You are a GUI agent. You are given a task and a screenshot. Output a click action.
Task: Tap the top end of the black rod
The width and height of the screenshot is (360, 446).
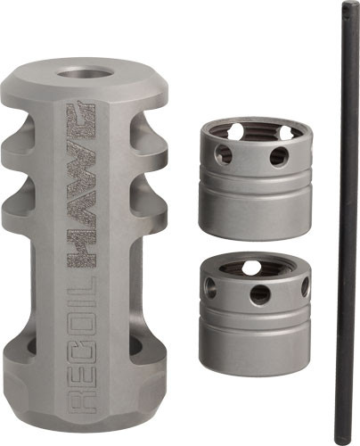(x=343, y=8)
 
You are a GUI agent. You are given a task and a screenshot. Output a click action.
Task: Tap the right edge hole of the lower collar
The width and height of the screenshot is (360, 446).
(x=305, y=286)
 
